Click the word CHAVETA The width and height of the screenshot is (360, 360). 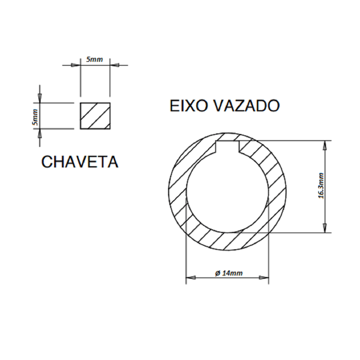tap(79, 163)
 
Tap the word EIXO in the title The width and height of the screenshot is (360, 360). tap(189, 106)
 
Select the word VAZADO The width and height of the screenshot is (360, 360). tap(247, 106)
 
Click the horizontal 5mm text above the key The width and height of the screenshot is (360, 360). tap(95, 59)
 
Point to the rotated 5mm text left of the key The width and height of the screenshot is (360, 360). tap(36, 116)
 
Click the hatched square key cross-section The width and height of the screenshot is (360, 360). tap(95, 116)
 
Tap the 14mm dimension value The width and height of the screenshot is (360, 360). tap(232, 273)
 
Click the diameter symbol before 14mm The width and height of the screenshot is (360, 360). tap(217, 273)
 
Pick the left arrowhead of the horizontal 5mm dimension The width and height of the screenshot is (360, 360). tap(77, 64)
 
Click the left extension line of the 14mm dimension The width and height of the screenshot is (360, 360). tap(185, 252)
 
